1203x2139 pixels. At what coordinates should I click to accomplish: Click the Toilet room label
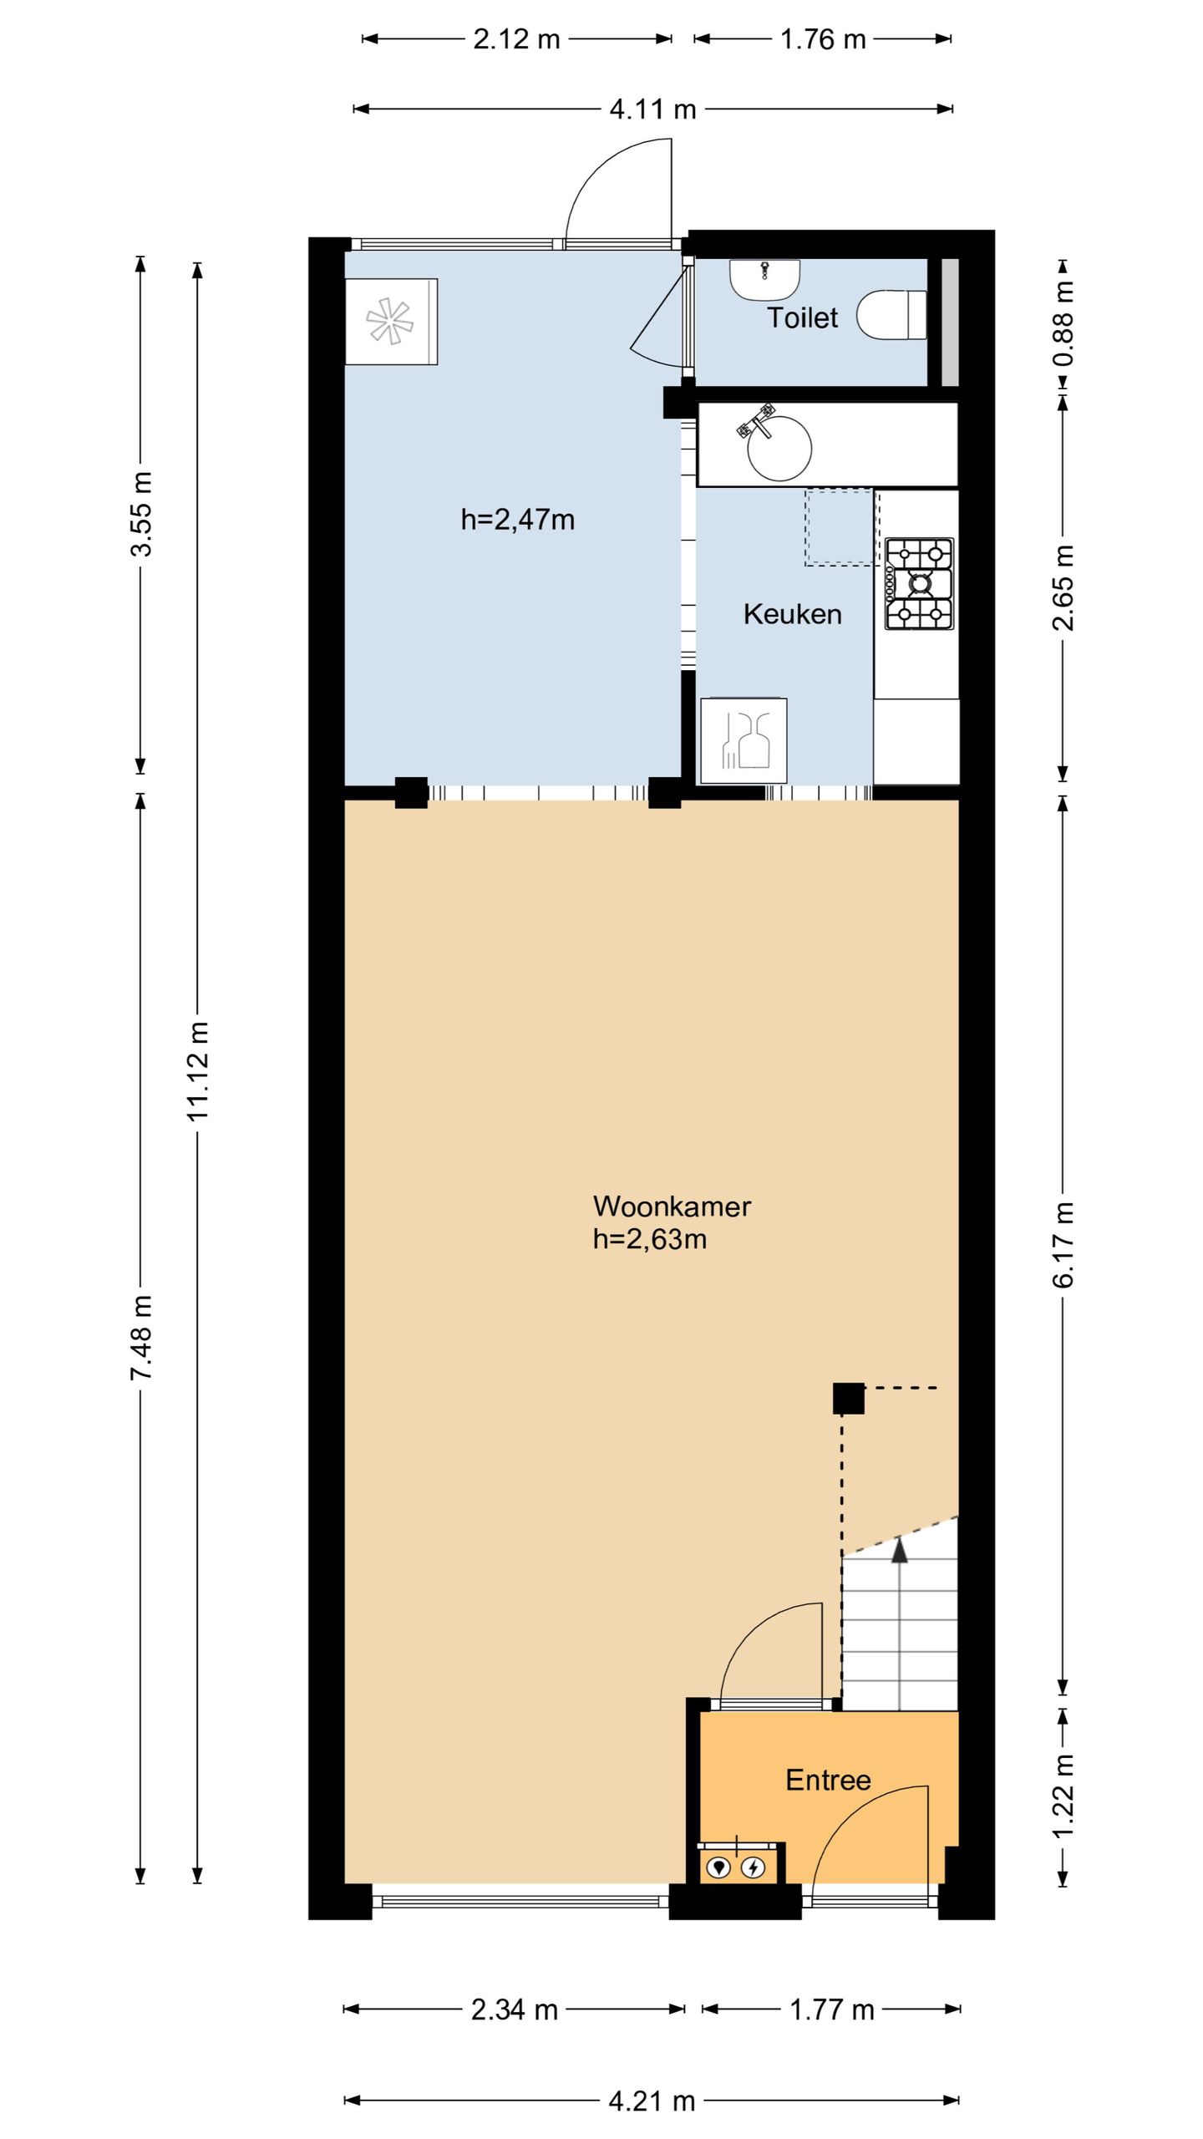pyautogui.click(x=802, y=318)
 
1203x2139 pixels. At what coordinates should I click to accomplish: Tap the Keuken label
pyautogui.click(x=792, y=614)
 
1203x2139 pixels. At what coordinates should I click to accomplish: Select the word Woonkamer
pyautogui.click(x=672, y=1206)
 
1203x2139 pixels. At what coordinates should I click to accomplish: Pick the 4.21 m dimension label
pyautogui.click(x=652, y=2095)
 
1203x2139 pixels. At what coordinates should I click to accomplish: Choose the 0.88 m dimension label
pyautogui.click(x=1063, y=323)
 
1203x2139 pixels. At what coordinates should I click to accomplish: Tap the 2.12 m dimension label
pyautogui.click(x=516, y=38)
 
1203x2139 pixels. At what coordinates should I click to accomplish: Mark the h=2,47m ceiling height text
pyautogui.click(x=518, y=520)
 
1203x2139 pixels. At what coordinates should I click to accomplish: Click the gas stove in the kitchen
pyautogui.click(x=919, y=583)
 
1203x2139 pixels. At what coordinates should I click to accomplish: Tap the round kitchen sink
pyautogui.click(x=779, y=448)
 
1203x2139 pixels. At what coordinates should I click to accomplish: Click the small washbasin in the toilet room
pyautogui.click(x=765, y=280)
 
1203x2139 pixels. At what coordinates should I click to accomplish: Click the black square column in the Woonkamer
pyautogui.click(x=848, y=1399)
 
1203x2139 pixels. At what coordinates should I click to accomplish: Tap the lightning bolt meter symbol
pyautogui.click(x=754, y=1867)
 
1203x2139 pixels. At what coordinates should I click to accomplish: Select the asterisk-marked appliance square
pyautogui.click(x=391, y=321)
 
